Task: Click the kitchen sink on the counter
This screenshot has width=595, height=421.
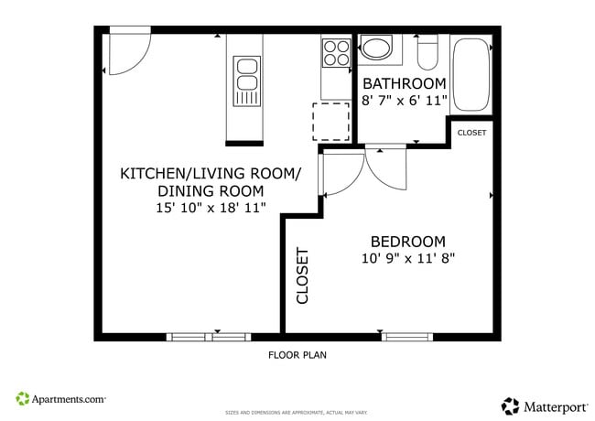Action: (245, 80)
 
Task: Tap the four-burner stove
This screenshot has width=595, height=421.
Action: (336, 52)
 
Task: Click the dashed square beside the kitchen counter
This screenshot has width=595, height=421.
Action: (331, 122)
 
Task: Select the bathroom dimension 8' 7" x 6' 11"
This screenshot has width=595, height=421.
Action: (404, 101)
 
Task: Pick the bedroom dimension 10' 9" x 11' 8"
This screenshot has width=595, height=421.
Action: (408, 258)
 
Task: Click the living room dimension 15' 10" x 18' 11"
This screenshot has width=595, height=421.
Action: (211, 208)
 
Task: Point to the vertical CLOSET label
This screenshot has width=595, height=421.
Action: (303, 275)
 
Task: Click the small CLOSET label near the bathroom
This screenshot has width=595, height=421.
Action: (471, 133)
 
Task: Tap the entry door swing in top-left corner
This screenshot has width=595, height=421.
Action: (125, 53)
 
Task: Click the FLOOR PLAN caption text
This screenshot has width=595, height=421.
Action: (297, 355)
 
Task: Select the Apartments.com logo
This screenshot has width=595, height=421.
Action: (61, 399)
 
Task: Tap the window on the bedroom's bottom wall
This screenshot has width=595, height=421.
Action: (406, 337)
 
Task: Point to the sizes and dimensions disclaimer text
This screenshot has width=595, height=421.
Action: (297, 413)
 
